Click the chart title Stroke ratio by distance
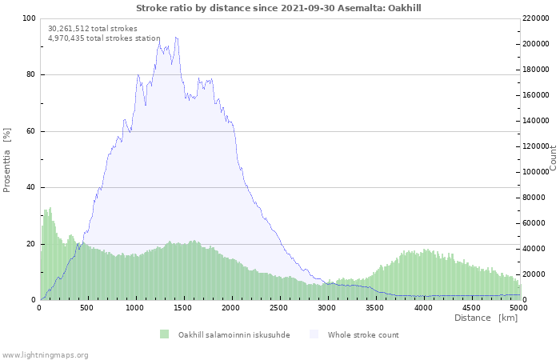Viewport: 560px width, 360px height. tap(278, 8)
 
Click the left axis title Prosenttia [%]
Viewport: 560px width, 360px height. tap(7, 159)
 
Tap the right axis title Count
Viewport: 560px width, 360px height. tap(553, 158)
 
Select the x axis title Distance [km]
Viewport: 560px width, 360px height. tap(486, 318)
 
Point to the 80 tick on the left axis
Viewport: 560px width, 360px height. tap(30, 75)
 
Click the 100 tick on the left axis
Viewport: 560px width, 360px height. tap(28, 18)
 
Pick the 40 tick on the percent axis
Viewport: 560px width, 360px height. tap(30, 187)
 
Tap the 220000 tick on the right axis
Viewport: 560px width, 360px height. tap(537, 18)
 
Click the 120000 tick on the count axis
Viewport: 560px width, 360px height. tap(537, 146)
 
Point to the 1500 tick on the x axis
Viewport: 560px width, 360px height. tap(183, 307)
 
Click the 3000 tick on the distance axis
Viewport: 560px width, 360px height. tap(327, 307)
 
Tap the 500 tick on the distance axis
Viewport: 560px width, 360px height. tap(87, 307)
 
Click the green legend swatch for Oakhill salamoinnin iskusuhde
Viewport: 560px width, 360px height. tap(164, 334)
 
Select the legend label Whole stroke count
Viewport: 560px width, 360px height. tap(363, 334)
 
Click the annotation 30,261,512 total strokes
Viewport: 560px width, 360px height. tap(93, 29)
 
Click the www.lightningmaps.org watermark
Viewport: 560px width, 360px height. tap(45, 354)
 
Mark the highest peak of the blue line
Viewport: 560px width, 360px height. tap(175, 37)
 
